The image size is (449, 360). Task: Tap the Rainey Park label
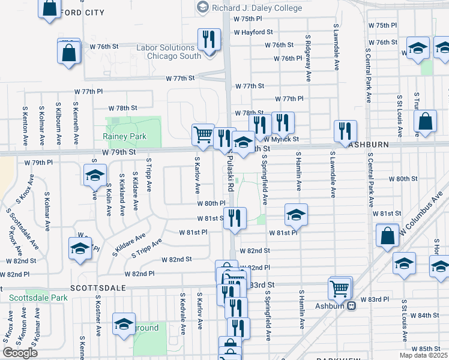pyautogui.click(x=124, y=137)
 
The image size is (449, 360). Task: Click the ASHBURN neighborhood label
pyautogui.click(x=372, y=145)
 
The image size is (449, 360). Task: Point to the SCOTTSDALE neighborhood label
pyautogui.click(x=98, y=288)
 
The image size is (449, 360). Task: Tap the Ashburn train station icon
pyautogui.click(x=352, y=305)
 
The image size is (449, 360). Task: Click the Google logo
pyautogui.click(x=20, y=353)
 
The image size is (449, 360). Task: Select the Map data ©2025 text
pyautogui.click(x=423, y=355)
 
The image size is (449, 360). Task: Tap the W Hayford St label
pyautogui.click(x=253, y=32)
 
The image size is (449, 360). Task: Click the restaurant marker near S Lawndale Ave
pyautogui.click(x=345, y=130)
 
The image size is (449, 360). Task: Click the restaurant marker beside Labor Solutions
pyautogui.click(x=208, y=38)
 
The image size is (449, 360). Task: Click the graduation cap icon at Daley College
pyautogui.click(x=202, y=7)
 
